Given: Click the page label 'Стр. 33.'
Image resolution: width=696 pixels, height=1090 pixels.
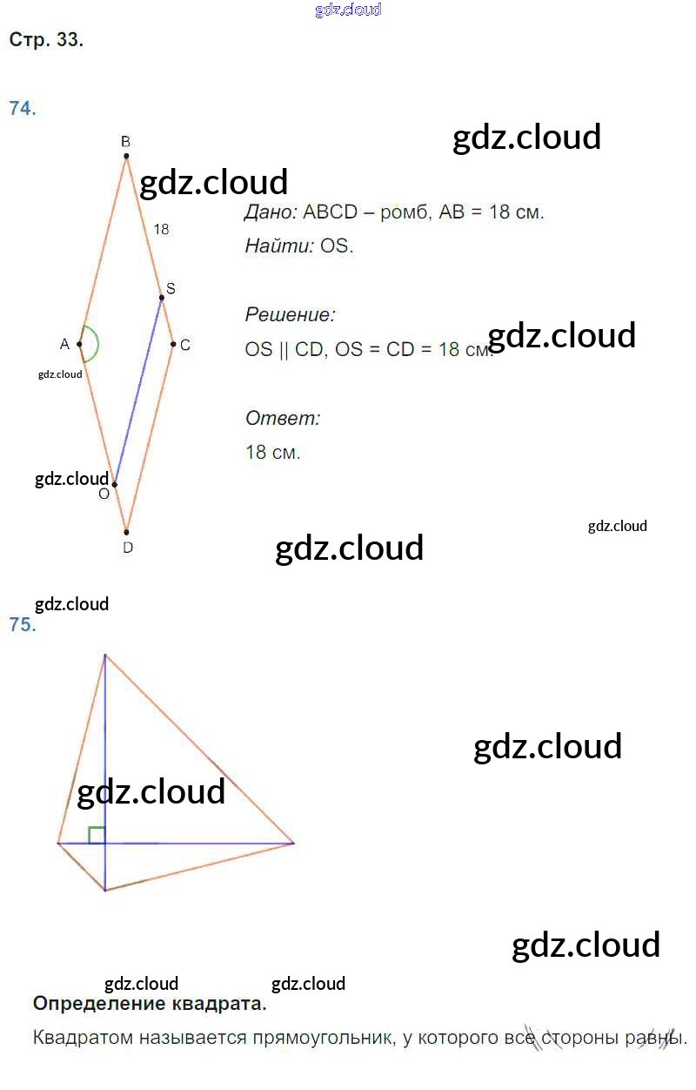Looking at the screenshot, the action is pos(46,40).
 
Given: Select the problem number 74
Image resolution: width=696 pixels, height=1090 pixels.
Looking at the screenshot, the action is pos(23,108).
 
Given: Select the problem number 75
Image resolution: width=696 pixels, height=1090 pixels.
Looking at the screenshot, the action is pos(23,624).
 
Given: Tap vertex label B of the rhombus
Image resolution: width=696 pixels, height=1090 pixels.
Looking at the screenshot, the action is pos(125,142).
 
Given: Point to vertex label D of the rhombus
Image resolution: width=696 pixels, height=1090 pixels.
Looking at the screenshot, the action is pos(127,548).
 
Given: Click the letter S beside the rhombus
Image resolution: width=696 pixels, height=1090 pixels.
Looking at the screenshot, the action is pos(171,288).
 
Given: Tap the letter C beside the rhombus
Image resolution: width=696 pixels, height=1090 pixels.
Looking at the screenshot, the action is pos(184,345).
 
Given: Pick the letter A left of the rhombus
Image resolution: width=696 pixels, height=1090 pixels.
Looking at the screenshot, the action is pos(64,345).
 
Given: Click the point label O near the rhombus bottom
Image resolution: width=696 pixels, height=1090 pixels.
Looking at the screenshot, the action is pos(104,495).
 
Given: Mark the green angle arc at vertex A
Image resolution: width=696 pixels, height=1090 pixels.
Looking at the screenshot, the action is pos(97,344).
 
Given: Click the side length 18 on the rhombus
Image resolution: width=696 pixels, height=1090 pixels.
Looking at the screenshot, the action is pos(161,229).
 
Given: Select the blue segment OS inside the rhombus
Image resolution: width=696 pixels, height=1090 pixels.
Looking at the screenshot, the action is pos(138,391).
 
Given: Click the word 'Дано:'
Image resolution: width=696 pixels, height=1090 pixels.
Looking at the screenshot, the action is pos(271,212).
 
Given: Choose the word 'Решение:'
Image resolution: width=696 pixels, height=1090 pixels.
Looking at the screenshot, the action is pos(291,315).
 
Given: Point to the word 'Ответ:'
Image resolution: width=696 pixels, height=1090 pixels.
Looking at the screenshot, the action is pos(283,419).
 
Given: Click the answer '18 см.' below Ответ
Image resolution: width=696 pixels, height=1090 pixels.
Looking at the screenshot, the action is pos(272,453).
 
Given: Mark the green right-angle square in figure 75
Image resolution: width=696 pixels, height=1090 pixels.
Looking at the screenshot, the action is pos(97,835).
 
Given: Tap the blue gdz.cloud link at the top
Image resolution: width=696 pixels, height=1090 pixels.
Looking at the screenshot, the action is pos(348,10).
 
